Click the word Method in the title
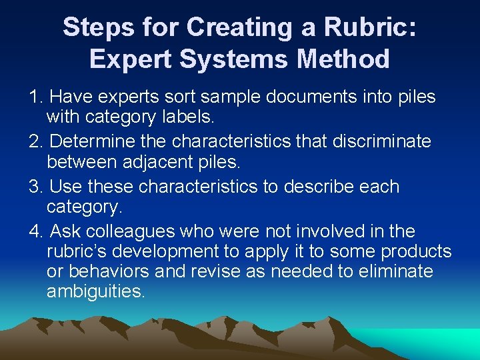pos(344,59)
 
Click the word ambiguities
pos(95,292)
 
